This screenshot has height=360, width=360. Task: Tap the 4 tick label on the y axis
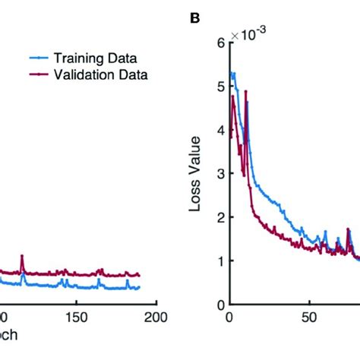coord(219,131)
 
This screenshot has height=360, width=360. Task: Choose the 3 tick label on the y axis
coord(219,174)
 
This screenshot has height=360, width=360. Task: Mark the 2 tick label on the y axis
coord(219,218)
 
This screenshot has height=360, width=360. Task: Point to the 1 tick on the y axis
coord(219,261)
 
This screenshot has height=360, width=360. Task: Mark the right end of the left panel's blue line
coord(140,287)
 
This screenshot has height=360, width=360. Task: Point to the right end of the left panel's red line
coord(140,275)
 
